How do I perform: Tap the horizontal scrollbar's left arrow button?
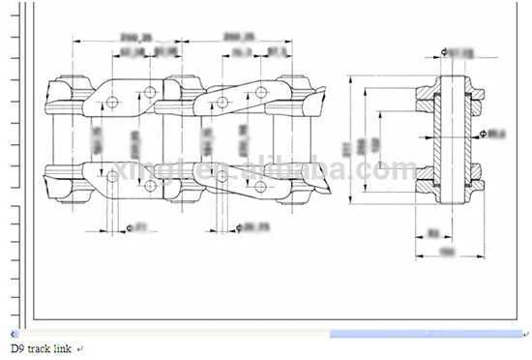12,334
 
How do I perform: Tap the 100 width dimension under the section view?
447,252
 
